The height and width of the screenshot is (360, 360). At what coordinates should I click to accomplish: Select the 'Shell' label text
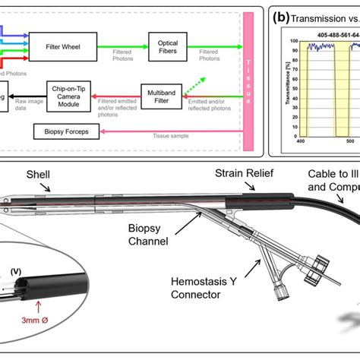click(x=37, y=173)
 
